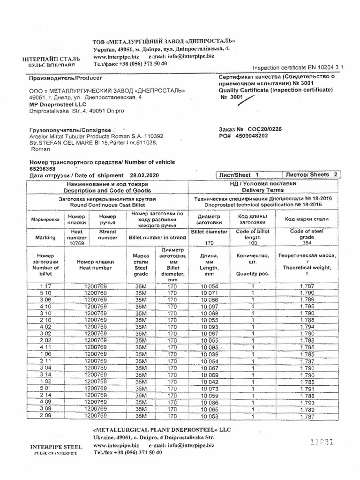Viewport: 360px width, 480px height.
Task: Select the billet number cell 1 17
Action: [45, 286]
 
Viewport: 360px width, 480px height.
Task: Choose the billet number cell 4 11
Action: [45, 347]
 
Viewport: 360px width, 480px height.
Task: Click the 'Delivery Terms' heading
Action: [263, 190]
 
